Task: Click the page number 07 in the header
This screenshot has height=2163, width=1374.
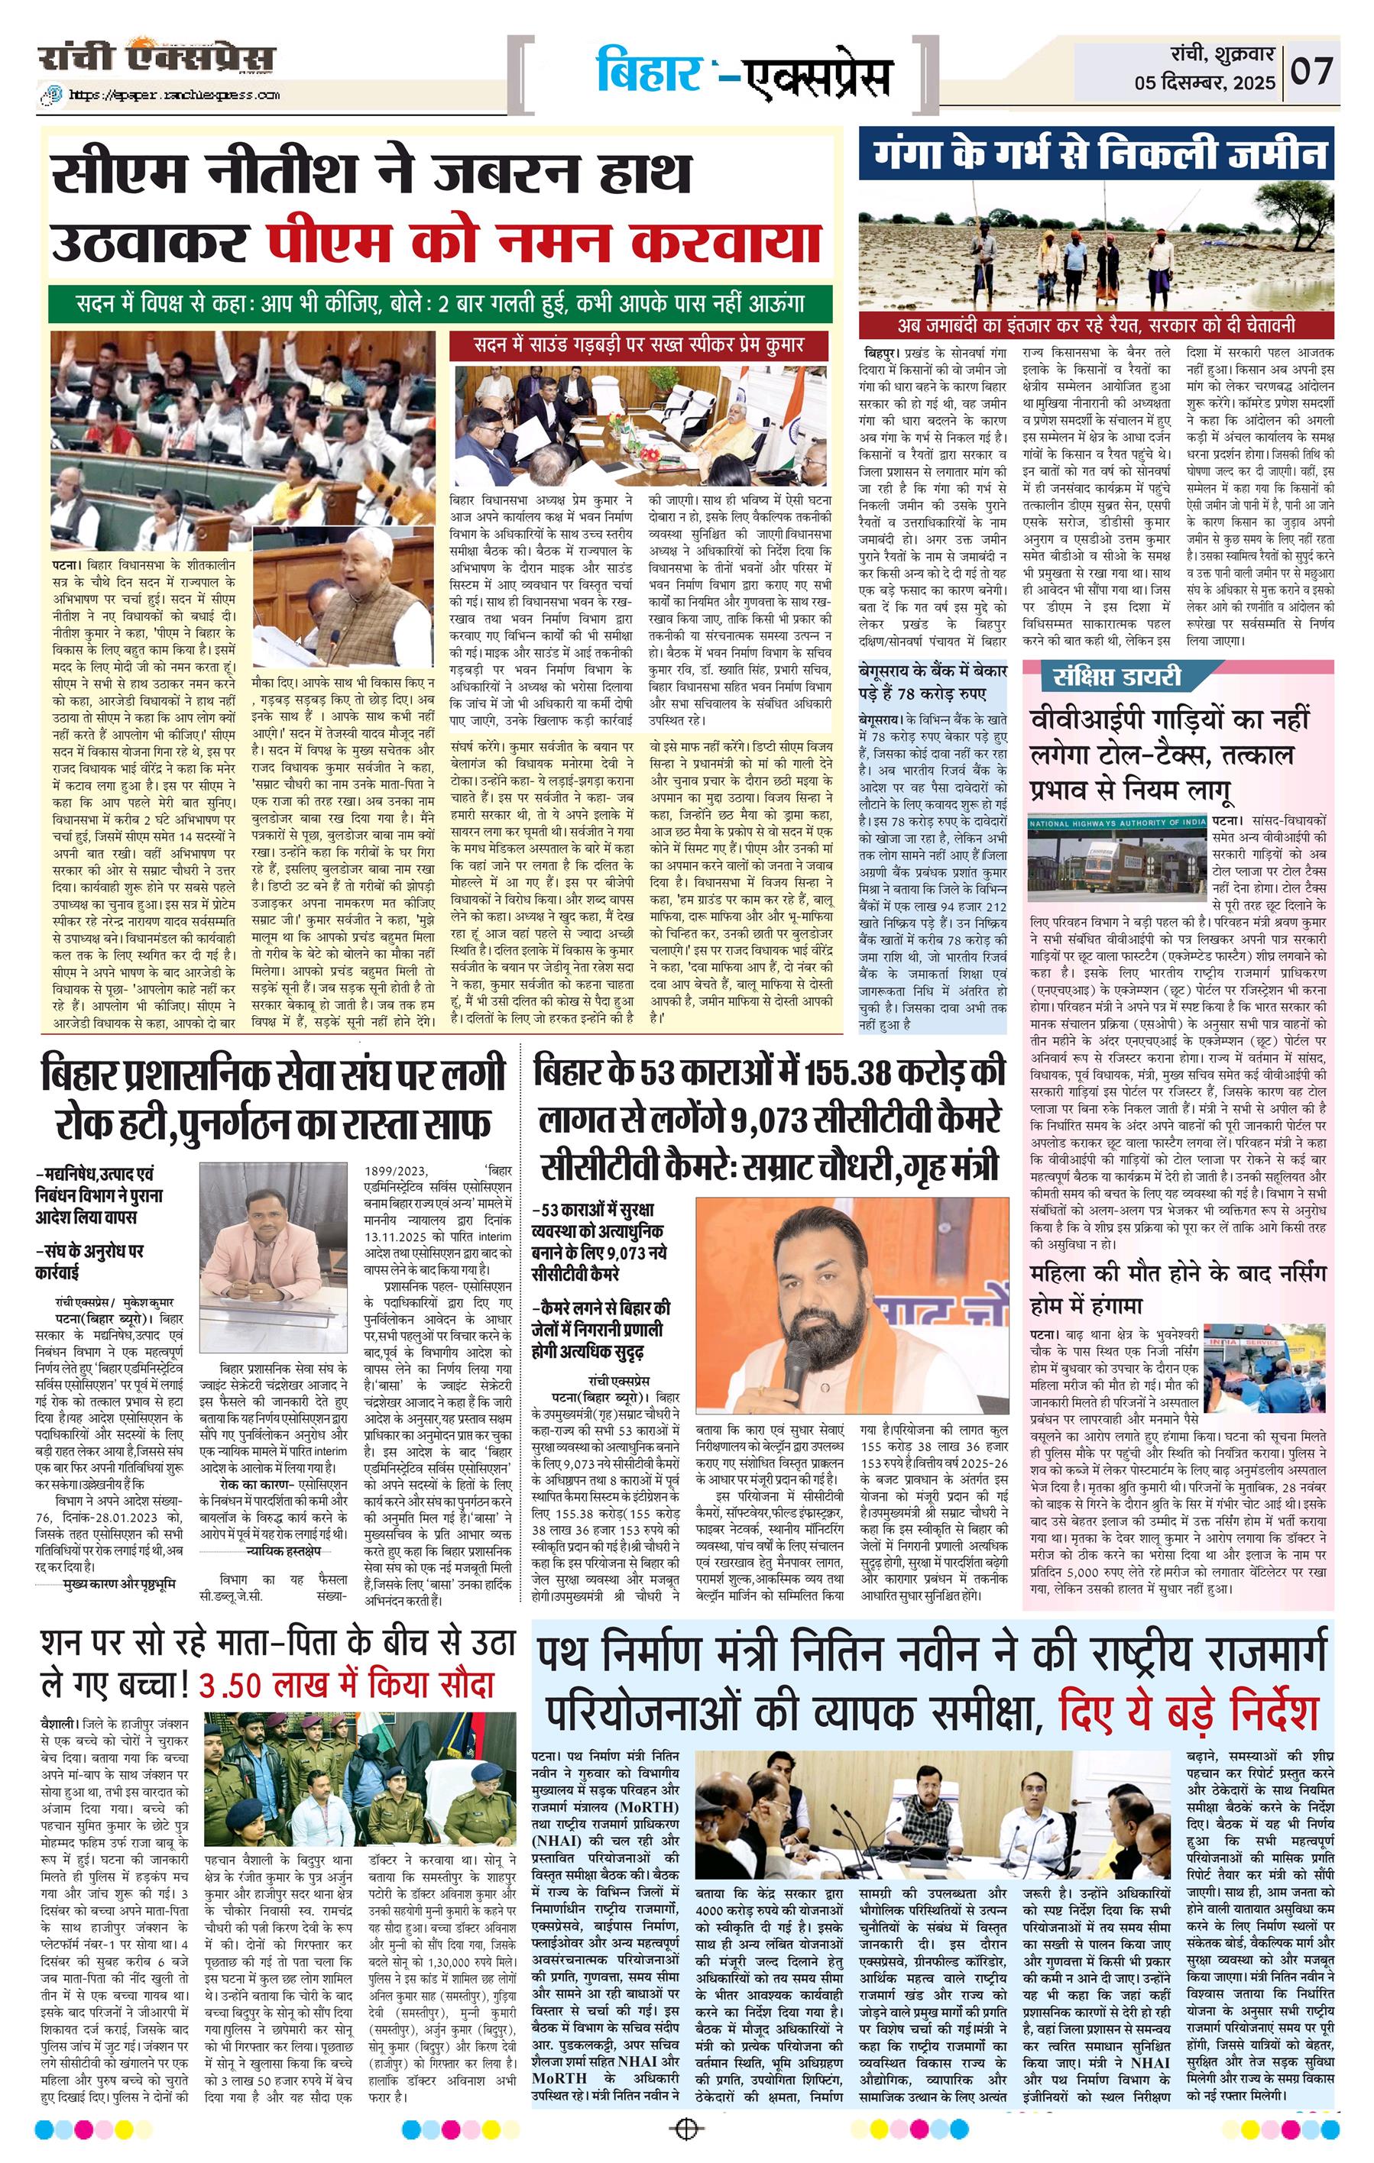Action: pyautogui.click(x=1313, y=70)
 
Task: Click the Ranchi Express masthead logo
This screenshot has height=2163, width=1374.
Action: pyautogui.click(x=157, y=60)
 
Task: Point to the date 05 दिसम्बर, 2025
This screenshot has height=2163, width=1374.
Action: pyautogui.click(x=1204, y=82)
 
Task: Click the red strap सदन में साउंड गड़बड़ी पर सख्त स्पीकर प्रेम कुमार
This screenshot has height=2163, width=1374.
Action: pyautogui.click(x=638, y=344)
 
